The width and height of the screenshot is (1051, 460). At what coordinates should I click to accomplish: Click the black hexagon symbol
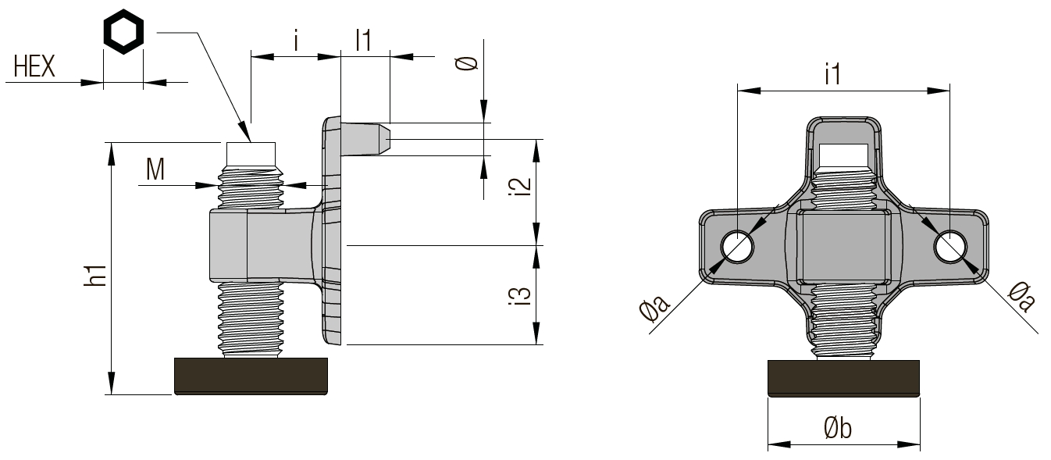point(124,35)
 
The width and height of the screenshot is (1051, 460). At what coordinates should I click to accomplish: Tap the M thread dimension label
point(155,169)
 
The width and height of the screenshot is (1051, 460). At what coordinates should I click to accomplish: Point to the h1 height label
point(95,274)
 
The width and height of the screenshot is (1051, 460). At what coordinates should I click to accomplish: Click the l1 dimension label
point(362,40)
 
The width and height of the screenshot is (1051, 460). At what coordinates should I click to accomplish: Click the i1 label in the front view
point(832,75)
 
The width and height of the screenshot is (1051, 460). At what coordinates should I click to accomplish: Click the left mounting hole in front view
point(737,248)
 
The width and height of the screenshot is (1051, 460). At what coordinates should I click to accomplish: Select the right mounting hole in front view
point(950,248)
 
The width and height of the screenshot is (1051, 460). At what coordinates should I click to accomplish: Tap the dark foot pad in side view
point(251,376)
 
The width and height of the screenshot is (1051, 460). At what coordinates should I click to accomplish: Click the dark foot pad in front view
point(844,379)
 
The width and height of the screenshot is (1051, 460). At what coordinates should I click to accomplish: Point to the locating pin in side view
point(366,139)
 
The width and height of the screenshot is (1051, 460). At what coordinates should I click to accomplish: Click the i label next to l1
point(297,41)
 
